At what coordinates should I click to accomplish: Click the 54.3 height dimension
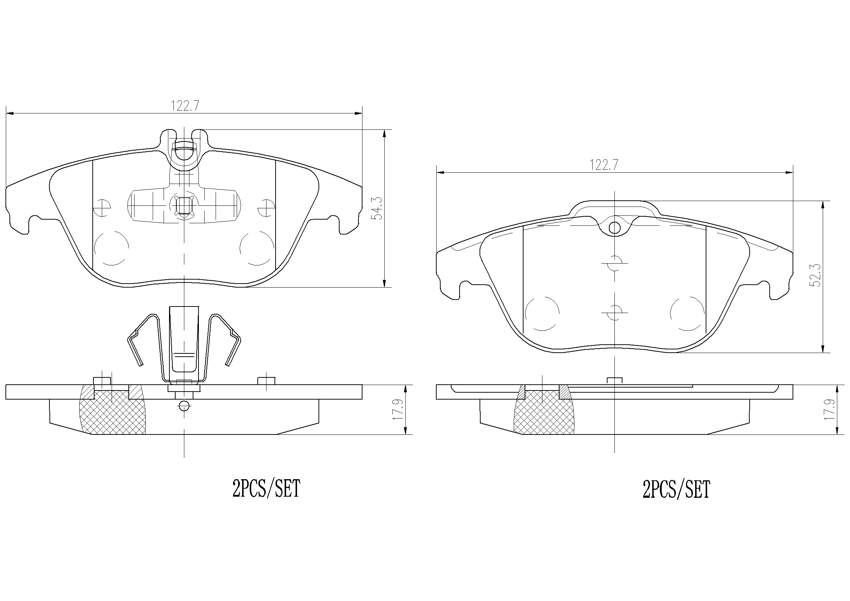(x=378, y=208)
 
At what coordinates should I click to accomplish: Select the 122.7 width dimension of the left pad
(x=185, y=106)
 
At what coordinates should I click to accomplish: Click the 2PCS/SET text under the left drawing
(x=266, y=489)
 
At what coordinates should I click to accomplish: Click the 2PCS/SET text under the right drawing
(x=676, y=489)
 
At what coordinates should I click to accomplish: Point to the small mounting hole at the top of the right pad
(x=614, y=228)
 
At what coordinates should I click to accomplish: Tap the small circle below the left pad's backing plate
(x=184, y=406)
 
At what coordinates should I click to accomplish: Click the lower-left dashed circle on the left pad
(x=112, y=248)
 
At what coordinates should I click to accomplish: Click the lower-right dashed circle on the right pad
(x=687, y=314)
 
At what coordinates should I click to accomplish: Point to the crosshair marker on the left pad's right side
(x=266, y=207)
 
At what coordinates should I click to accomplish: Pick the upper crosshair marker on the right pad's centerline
(x=614, y=263)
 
